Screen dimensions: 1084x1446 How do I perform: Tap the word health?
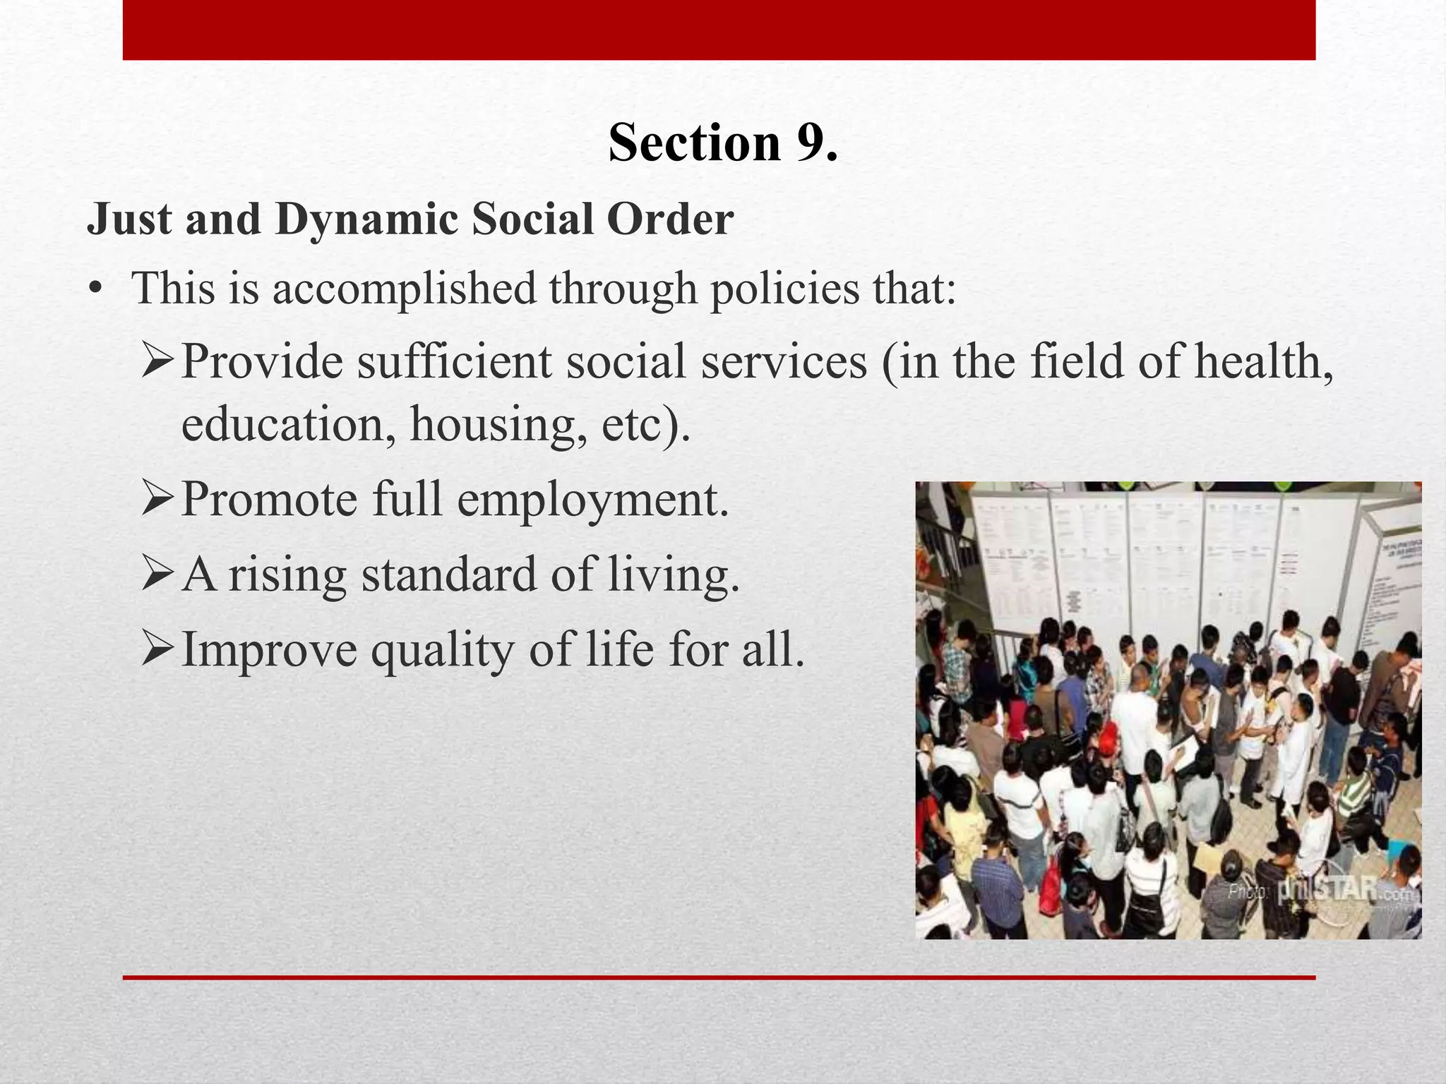tap(1263, 361)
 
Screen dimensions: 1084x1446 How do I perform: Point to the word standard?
tap(449, 574)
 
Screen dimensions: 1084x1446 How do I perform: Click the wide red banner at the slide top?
tap(719, 30)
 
